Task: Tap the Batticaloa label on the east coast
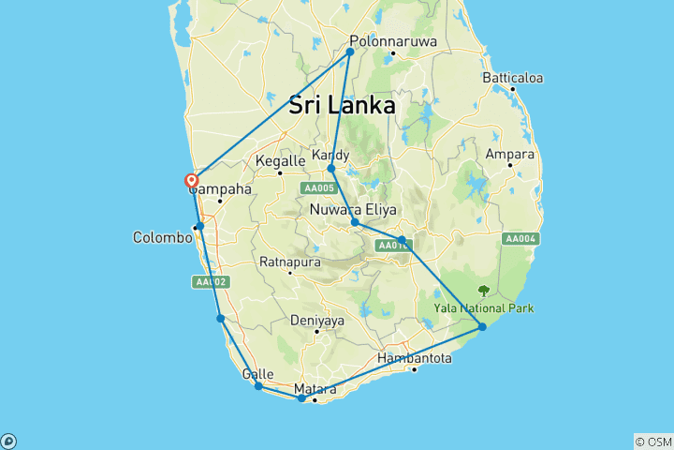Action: [x=512, y=78]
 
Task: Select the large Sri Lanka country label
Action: [x=342, y=106]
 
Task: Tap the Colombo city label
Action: [x=162, y=237]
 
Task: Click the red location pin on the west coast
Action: [x=192, y=181]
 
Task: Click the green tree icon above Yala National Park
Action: [x=484, y=291]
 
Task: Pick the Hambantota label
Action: [x=415, y=358]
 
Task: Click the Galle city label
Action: [x=257, y=374]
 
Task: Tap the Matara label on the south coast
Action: [x=315, y=388]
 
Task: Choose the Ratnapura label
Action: [x=289, y=261]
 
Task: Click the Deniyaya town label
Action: [x=317, y=320]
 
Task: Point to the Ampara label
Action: [x=509, y=154]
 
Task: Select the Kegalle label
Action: [x=280, y=161]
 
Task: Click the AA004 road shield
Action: [x=520, y=239]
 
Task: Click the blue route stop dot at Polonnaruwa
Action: [x=350, y=52]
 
